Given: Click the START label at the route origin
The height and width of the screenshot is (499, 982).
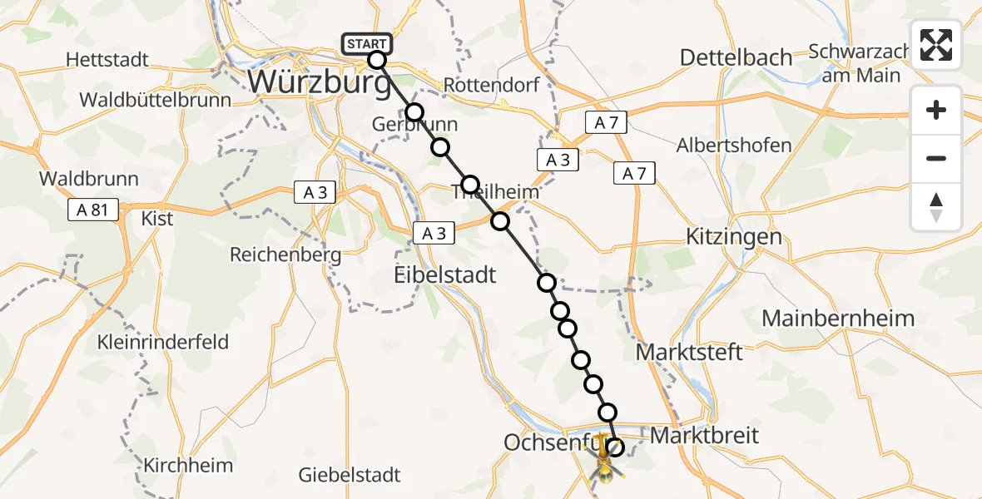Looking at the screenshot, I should [366, 44].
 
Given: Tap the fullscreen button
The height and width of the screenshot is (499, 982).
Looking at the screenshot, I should [936, 45].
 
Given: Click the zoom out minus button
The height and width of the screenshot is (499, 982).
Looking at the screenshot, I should [936, 158].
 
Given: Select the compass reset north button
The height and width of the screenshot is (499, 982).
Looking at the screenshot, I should [936, 207].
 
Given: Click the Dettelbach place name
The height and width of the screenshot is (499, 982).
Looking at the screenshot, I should [736, 57].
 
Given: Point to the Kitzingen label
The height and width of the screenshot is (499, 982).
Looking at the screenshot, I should [734, 236].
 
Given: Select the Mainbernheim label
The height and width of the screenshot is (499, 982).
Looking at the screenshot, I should [838, 318].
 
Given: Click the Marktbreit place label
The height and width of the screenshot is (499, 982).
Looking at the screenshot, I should [704, 435].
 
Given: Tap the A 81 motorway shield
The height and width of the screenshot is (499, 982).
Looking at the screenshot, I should [94, 210].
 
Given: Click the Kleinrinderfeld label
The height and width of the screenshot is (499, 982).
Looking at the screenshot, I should [163, 342].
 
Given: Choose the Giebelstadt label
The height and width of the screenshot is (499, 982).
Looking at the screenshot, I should [350, 475].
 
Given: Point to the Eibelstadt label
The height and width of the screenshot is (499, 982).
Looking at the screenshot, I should [444, 274].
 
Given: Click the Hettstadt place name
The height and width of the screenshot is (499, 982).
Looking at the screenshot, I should [107, 60].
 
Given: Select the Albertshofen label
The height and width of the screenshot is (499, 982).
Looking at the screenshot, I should [734, 146].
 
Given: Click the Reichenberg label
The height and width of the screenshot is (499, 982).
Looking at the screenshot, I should [285, 254].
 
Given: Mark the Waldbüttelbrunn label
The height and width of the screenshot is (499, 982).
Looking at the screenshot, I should [156, 100].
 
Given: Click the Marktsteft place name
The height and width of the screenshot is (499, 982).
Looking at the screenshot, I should [689, 352].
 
